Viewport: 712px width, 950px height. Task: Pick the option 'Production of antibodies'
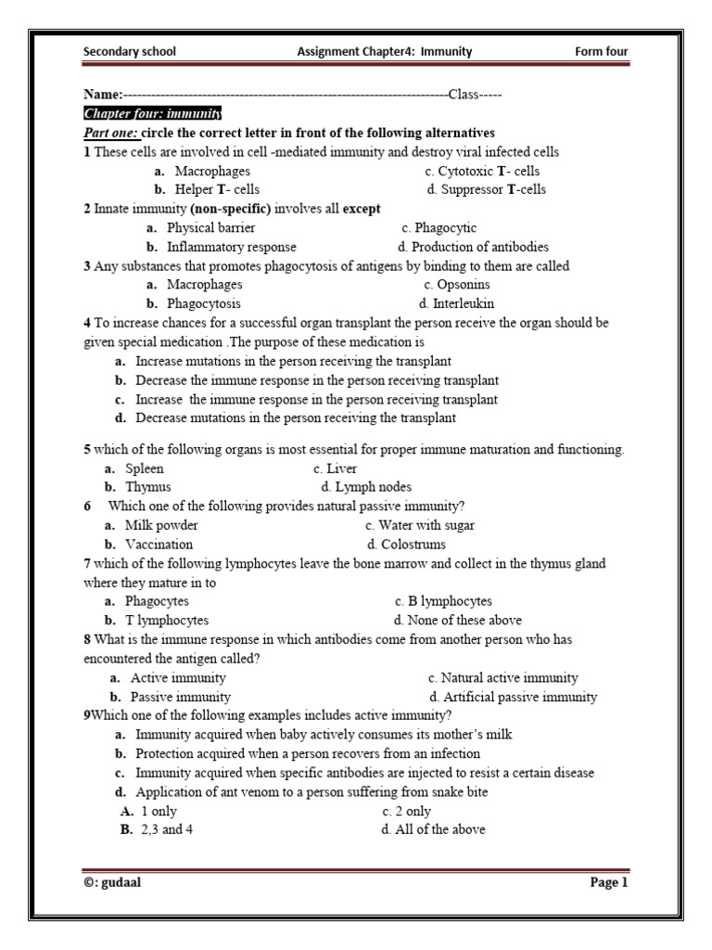tap(473, 247)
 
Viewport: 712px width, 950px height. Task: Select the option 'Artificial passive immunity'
tap(513, 697)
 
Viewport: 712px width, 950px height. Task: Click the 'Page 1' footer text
tap(609, 882)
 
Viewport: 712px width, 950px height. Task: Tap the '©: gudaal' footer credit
tap(112, 882)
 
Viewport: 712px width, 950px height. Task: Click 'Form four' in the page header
tap(602, 52)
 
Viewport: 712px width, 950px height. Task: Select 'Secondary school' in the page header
tap(129, 52)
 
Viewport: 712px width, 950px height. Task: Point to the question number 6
tap(87, 506)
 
